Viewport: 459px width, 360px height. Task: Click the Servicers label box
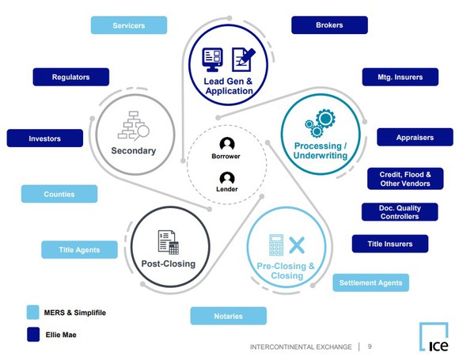(x=129, y=25)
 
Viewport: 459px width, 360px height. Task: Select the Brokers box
(x=329, y=25)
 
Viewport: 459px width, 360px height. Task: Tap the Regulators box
(x=70, y=77)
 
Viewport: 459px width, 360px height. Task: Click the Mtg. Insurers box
(x=393, y=77)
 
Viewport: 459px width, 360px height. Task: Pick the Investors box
(x=44, y=138)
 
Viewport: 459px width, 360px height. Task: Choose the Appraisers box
(x=415, y=137)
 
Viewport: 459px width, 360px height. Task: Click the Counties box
(x=59, y=194)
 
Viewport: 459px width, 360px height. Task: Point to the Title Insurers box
(x=389, y=244)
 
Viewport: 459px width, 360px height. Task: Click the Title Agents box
(x=79, y=250)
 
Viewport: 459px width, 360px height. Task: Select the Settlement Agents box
(x=370, y=282)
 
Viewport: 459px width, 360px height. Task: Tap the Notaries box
(x=228, y=316)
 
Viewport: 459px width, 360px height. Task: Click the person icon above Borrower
(x=227, y=144)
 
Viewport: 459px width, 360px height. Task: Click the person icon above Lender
(x=227, y=178)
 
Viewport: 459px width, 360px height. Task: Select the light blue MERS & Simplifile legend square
(x=32, y=312)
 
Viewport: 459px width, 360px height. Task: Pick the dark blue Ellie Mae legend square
(x=32, y=335)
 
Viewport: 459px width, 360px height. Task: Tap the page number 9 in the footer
(x=370, y=347)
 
